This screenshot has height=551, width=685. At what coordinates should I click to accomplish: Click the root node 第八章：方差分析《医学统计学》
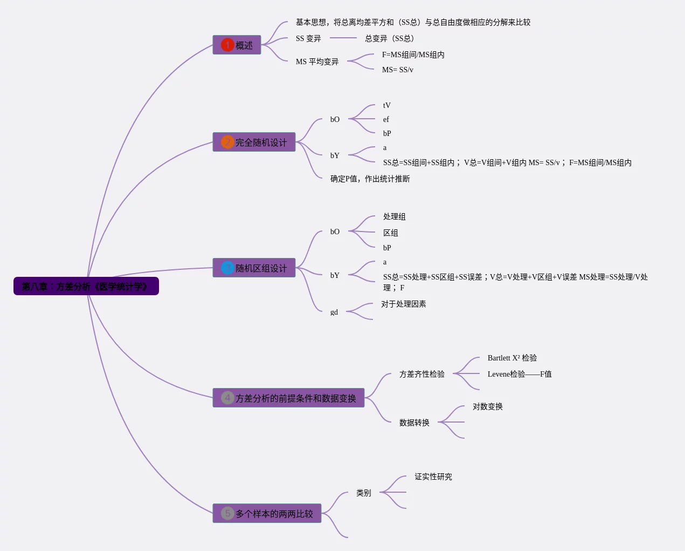[86, 286]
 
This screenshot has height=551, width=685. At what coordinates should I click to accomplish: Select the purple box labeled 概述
[237, 45]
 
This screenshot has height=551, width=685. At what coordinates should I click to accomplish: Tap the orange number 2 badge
[227, 142]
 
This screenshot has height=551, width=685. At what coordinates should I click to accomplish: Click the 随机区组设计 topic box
[254, 268]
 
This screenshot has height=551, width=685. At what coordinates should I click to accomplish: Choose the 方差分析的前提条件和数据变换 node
[289, 398]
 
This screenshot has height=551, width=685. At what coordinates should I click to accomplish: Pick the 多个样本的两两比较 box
[267, 513]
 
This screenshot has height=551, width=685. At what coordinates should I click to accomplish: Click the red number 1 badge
[227, 45]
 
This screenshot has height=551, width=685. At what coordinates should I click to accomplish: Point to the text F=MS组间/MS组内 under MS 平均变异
[413, 55]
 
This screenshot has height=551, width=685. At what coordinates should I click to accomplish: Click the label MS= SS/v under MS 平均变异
[397, 70]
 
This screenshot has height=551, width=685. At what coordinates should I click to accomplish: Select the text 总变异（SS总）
[389, 38]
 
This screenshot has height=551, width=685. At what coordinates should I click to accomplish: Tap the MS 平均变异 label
[317, 62]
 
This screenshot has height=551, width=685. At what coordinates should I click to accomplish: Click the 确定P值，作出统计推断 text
[370, 179]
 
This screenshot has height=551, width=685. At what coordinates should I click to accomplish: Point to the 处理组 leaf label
[394, 216]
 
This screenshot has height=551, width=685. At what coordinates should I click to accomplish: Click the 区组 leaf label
[390, 233]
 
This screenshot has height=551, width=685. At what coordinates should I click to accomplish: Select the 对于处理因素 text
[403, 304]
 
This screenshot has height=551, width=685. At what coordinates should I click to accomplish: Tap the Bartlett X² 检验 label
[512, 358]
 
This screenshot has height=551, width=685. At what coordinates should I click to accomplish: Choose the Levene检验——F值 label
[519, 374]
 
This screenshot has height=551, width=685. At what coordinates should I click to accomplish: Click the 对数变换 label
[487, 406]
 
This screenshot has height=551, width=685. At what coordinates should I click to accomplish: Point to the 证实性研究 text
[433, 477]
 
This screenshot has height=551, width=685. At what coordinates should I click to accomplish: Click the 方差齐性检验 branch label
[421, 374]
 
